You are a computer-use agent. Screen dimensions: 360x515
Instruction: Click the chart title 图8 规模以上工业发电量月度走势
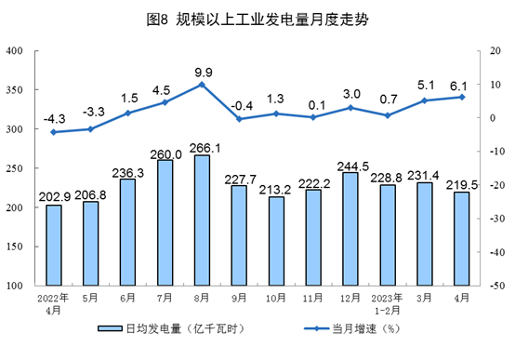pyautogui.click(x=257, y=17)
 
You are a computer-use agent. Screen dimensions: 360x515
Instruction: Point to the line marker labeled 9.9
pyautogui.click(x=202, y=85)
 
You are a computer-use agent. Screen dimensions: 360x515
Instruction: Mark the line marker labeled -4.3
pyautogui.click(x=54, y=132)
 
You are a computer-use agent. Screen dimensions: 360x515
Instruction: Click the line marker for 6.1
pyautogui.click(x=460, y=97)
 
